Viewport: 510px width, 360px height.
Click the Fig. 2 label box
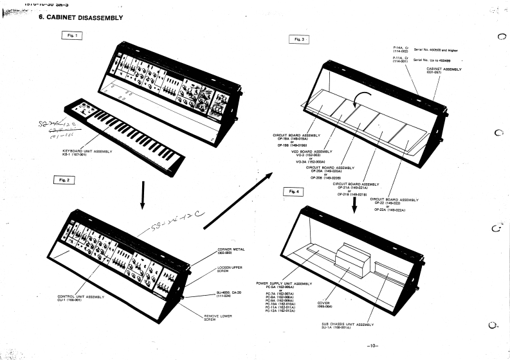(x=64, y=181)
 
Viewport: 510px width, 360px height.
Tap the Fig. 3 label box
(x=298, y=40)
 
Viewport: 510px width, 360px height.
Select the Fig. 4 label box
(x=294, y=192)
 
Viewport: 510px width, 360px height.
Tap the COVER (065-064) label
(x=324, y=305)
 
